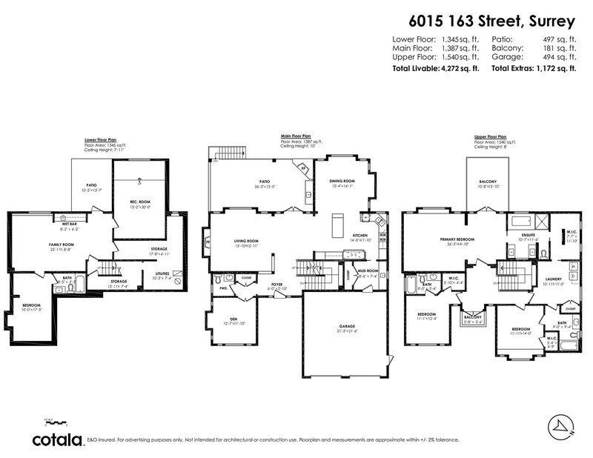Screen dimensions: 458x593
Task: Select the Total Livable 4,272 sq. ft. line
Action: tap(435, 68)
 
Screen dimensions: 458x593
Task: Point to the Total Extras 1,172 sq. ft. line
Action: tap(534, 68)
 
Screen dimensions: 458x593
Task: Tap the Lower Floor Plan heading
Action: tap(105, 138)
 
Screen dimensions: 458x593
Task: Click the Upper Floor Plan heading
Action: tap(490, 137)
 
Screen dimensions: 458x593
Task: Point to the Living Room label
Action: tap(245, 241)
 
